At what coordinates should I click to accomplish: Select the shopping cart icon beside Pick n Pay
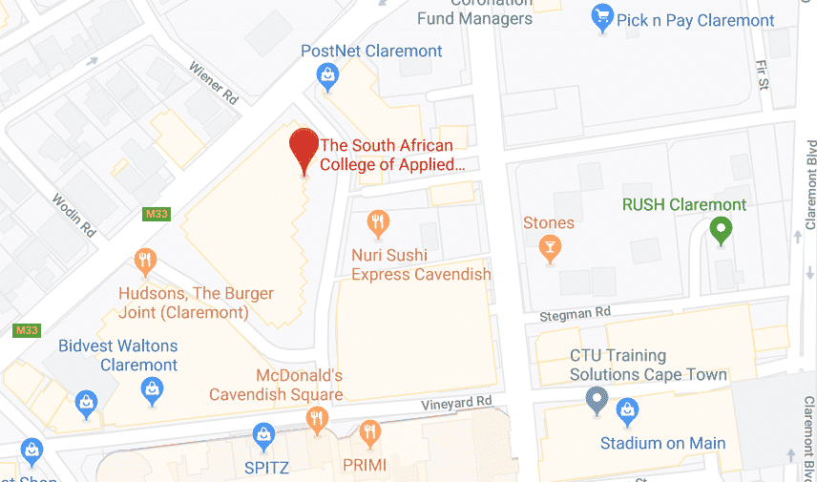pos(601,16)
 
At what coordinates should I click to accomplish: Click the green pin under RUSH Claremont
pos(722,230)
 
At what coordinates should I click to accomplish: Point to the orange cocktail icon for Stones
pos(549,249)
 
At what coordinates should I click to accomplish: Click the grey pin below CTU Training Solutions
pos(597,399)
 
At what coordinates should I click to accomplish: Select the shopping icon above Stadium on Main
pos(627,412)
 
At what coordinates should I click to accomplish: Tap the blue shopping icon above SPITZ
pos(264,437)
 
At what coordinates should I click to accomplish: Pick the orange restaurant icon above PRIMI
pos(370,435)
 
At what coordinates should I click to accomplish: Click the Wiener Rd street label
pos(213,83)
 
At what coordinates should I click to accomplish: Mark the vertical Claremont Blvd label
pos(809,186)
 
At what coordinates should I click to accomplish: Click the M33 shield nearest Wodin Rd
pos(157,214)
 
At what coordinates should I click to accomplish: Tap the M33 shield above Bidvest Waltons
pos(26,329)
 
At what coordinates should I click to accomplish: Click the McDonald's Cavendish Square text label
pos(276,385)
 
